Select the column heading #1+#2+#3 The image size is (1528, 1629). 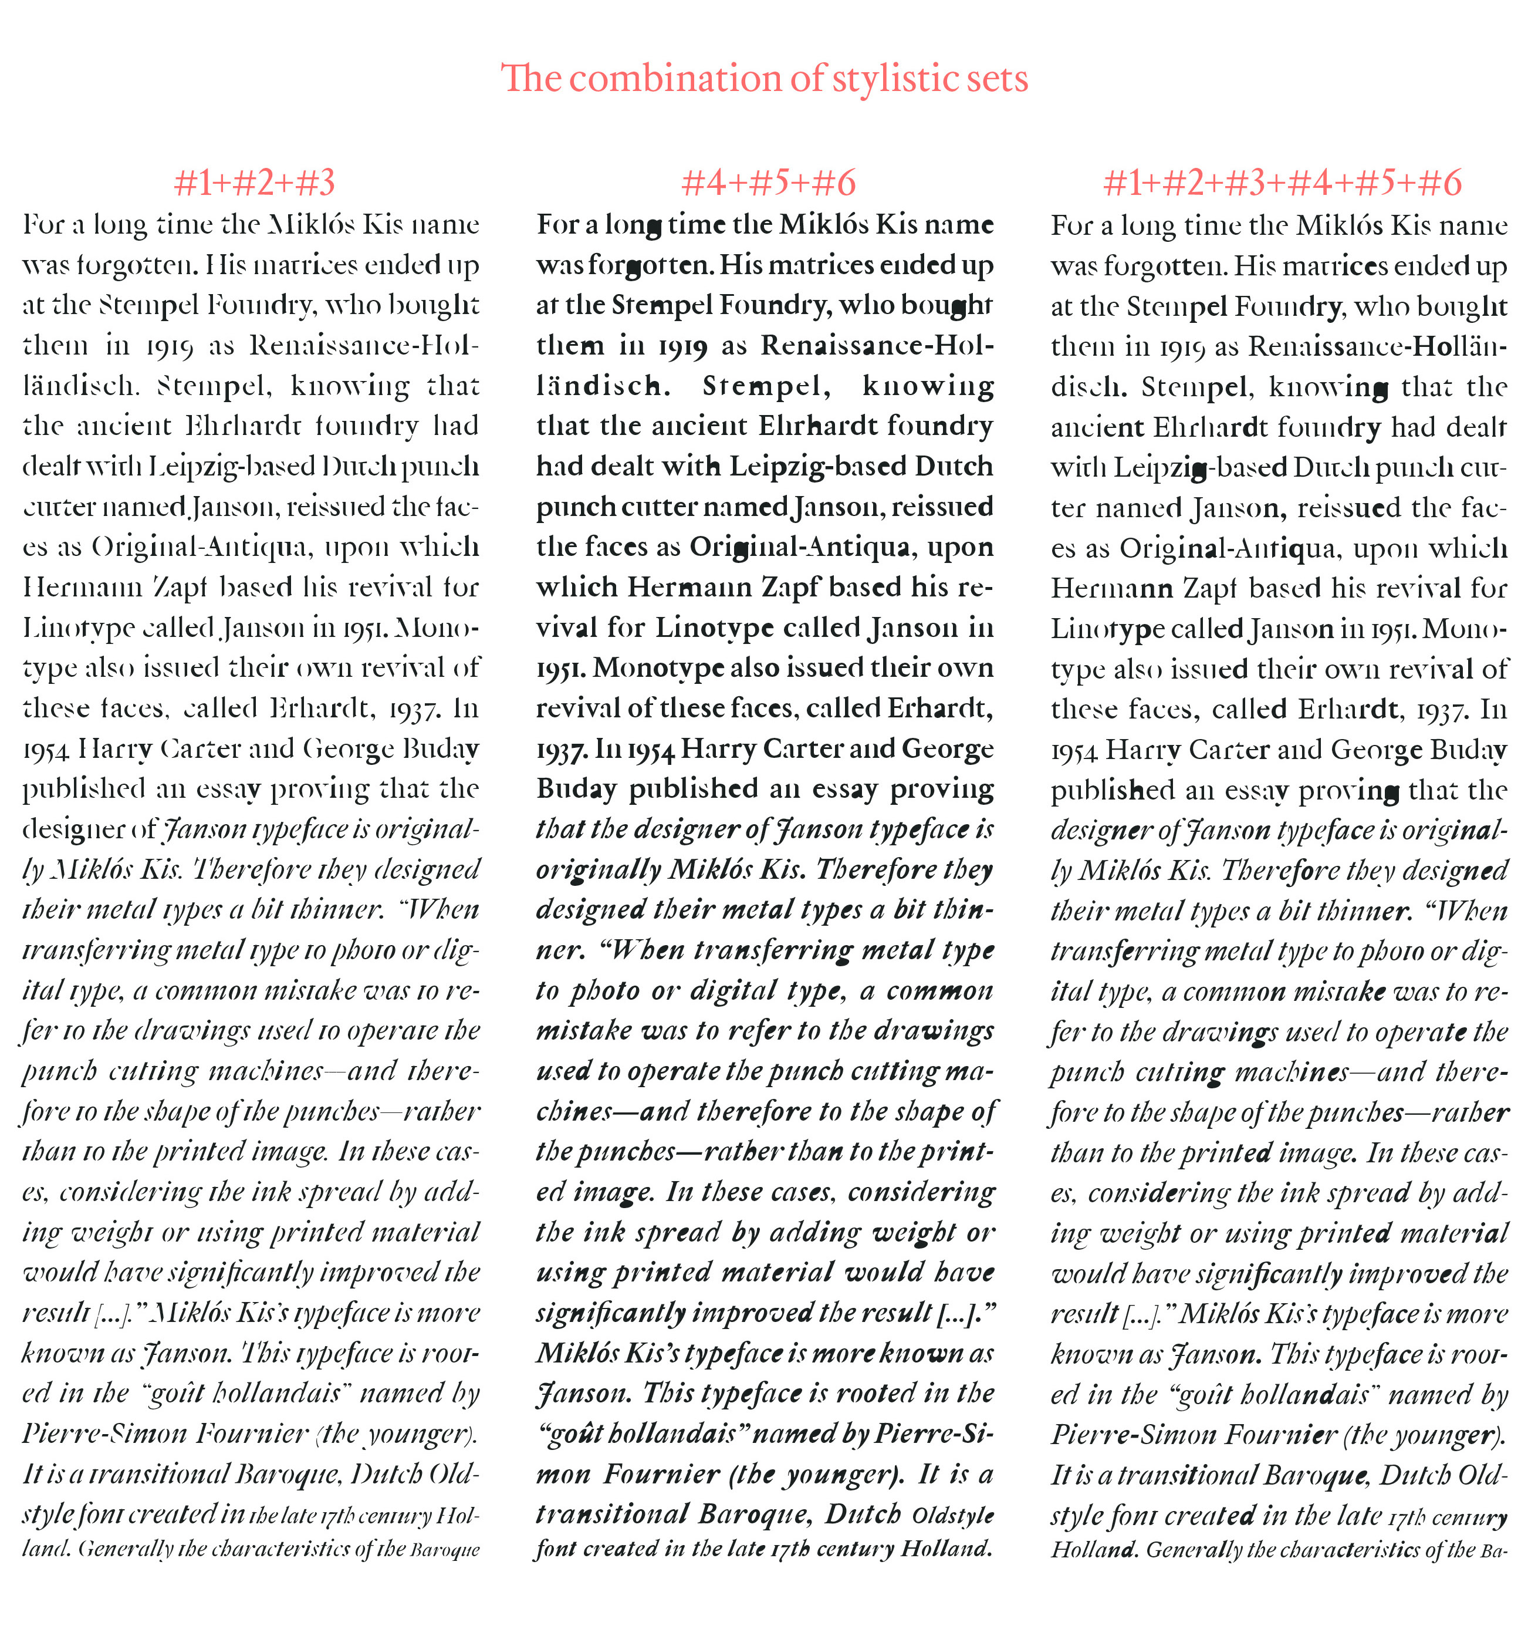pyautogui.click(x=255, y=183)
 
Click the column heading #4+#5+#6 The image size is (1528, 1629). pyautogui.click(x=769, y=183)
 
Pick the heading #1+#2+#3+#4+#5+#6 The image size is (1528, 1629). pyautogui.click(x=1282, y=183)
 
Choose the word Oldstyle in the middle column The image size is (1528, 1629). pyautogui.click(x=953, y=1515)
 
